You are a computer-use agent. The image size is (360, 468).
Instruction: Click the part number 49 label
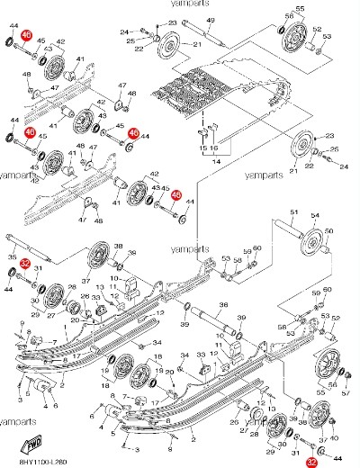pos(210,19)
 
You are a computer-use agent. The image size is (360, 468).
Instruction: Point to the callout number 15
pos(202,148)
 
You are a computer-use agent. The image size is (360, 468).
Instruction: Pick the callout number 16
pos(214,148)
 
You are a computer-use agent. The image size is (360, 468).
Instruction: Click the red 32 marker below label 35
pos(27,265)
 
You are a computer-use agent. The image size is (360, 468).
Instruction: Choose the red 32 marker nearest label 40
pos(311,460)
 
